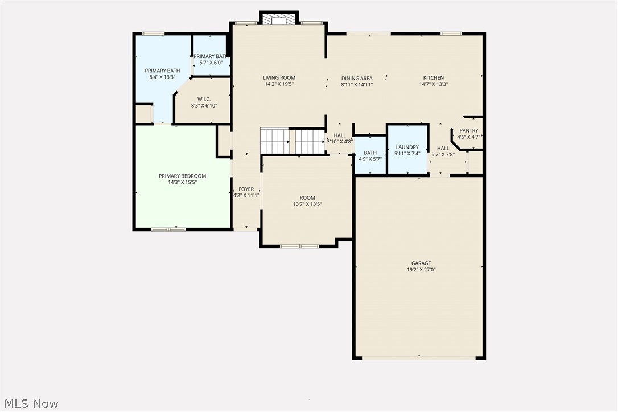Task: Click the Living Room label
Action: tap(279, 78)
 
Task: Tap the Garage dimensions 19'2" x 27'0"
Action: tap(421, 270)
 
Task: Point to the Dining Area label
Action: tap(357, 78)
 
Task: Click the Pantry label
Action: tap(469, 130)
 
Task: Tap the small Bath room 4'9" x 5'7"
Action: tap(370, 155)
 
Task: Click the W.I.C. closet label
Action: tap(204, 100)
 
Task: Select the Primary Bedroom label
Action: tap(182, 176)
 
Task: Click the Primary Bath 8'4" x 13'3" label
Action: tap(162, 71)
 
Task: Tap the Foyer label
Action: tap(246, 189)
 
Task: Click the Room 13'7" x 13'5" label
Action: tap(307, 198)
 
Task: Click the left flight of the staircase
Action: tap(275, 141)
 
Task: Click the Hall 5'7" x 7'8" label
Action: tap(443, 148)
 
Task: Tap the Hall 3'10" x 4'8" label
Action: tap(340, 135)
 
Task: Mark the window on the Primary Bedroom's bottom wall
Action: tap(168, 229)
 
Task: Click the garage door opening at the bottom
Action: tap(419, 358)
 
